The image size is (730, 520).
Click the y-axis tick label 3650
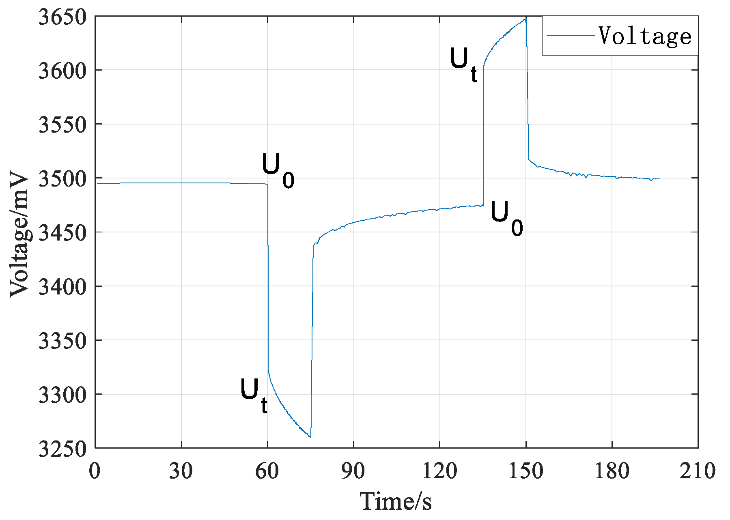62,18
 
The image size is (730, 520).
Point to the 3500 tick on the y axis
62,179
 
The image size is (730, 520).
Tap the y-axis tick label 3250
62,449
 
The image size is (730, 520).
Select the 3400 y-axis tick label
62,287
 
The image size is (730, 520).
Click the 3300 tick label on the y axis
62,395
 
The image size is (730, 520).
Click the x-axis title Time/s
396,501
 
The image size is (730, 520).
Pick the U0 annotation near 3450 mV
506,218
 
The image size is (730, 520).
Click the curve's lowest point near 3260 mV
310,437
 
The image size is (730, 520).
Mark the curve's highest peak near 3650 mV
525,19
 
